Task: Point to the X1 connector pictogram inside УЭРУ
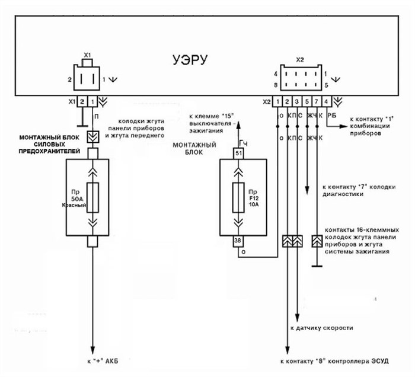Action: click(x=87, y=77)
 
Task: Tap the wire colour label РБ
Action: click(x=332, y=117)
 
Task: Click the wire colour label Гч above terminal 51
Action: click(x=242, y=143)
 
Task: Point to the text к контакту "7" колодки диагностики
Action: click(x=347, y=189)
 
